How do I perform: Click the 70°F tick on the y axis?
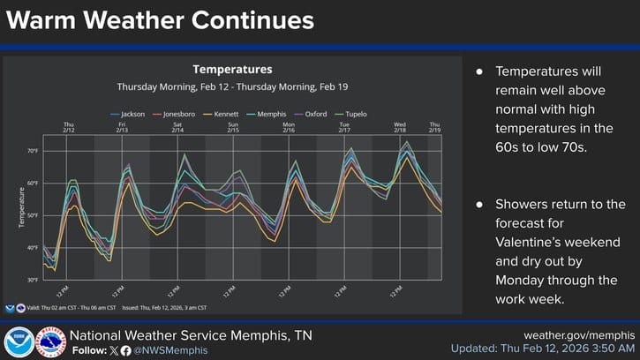[x=32, y=151]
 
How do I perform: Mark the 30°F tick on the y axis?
[x=32, y=280]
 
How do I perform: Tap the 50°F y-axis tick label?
[x=32, y=215]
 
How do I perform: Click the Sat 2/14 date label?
[x=177, y=128]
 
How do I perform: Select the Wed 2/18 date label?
[x=399, y=128]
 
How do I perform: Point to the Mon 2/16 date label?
[x=288, y=128]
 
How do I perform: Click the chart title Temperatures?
[x=232, y=69]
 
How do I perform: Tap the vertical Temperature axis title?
[x=20, y=207]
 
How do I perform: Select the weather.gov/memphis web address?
[x=579, y=335]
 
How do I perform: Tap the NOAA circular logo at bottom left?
[x=18, y=342]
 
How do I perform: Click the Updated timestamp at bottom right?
[x=542, y=349]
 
